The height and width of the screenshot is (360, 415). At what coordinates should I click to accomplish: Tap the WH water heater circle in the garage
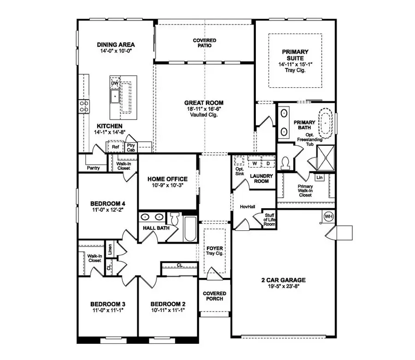click(328, 216)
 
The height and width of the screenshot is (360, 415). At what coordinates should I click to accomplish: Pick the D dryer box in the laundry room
click(267, 163)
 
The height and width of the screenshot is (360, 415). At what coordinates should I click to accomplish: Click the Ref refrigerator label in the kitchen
click(115, 148)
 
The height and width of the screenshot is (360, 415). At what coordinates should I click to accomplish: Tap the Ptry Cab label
click(131, 148)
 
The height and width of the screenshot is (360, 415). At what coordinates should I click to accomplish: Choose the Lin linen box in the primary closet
click(319, 177)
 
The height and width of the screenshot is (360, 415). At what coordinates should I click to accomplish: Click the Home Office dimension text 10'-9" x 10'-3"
click(167, 186)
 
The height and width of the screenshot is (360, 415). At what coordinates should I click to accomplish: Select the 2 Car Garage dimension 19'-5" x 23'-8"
click(284, 287)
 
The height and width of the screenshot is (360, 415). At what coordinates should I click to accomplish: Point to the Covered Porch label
click(214, 296)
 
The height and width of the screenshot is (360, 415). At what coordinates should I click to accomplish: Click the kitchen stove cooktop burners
click(84, 107)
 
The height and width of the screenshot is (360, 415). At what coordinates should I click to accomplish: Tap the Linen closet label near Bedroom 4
click(110, 250)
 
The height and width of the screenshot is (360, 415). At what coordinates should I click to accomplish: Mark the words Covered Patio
click(204, 43)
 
